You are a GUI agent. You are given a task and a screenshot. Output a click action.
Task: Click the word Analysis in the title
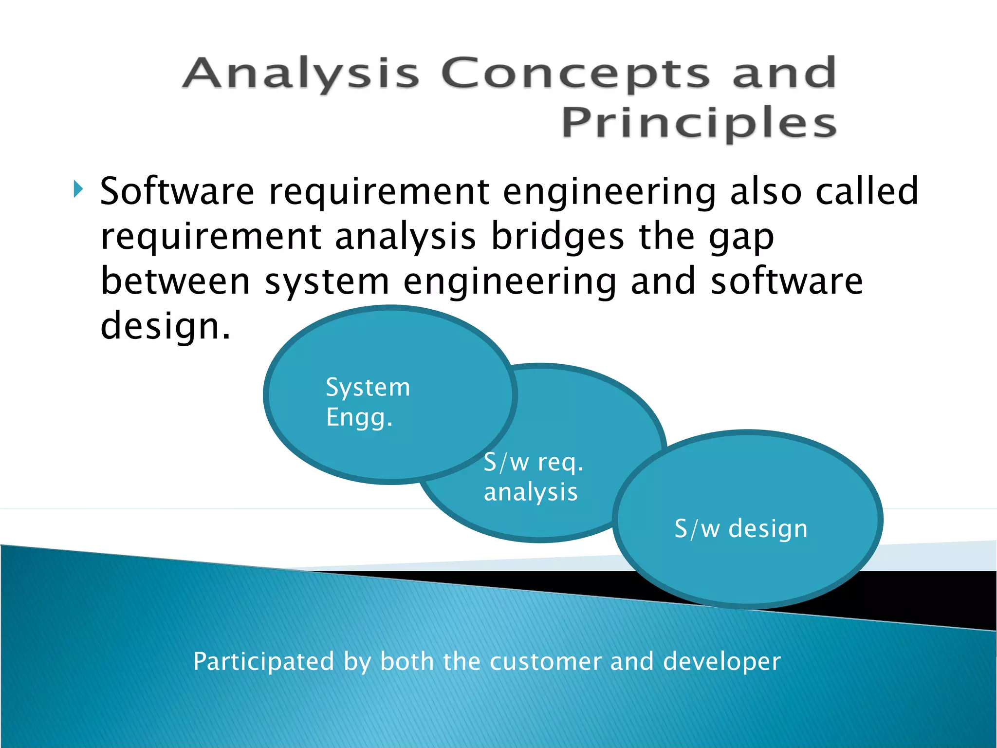[300, 74]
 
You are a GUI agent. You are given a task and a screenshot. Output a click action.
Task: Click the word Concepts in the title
[575, 74]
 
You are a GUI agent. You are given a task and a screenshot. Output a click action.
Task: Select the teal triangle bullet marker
[78, 188]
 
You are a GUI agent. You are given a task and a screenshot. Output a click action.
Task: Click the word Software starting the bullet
[177, 191]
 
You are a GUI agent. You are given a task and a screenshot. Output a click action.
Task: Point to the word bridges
[557, 237]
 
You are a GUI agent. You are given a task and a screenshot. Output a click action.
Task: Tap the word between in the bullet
[175, 281]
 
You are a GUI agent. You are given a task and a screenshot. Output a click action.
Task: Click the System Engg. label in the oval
[368, 402]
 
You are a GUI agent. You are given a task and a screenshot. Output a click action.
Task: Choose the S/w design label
[741, 529]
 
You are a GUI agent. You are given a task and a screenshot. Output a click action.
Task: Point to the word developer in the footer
[722, 661]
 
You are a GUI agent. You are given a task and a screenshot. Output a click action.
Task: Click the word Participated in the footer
[263, 661]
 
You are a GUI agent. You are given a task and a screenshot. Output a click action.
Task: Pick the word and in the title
[784, 74]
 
